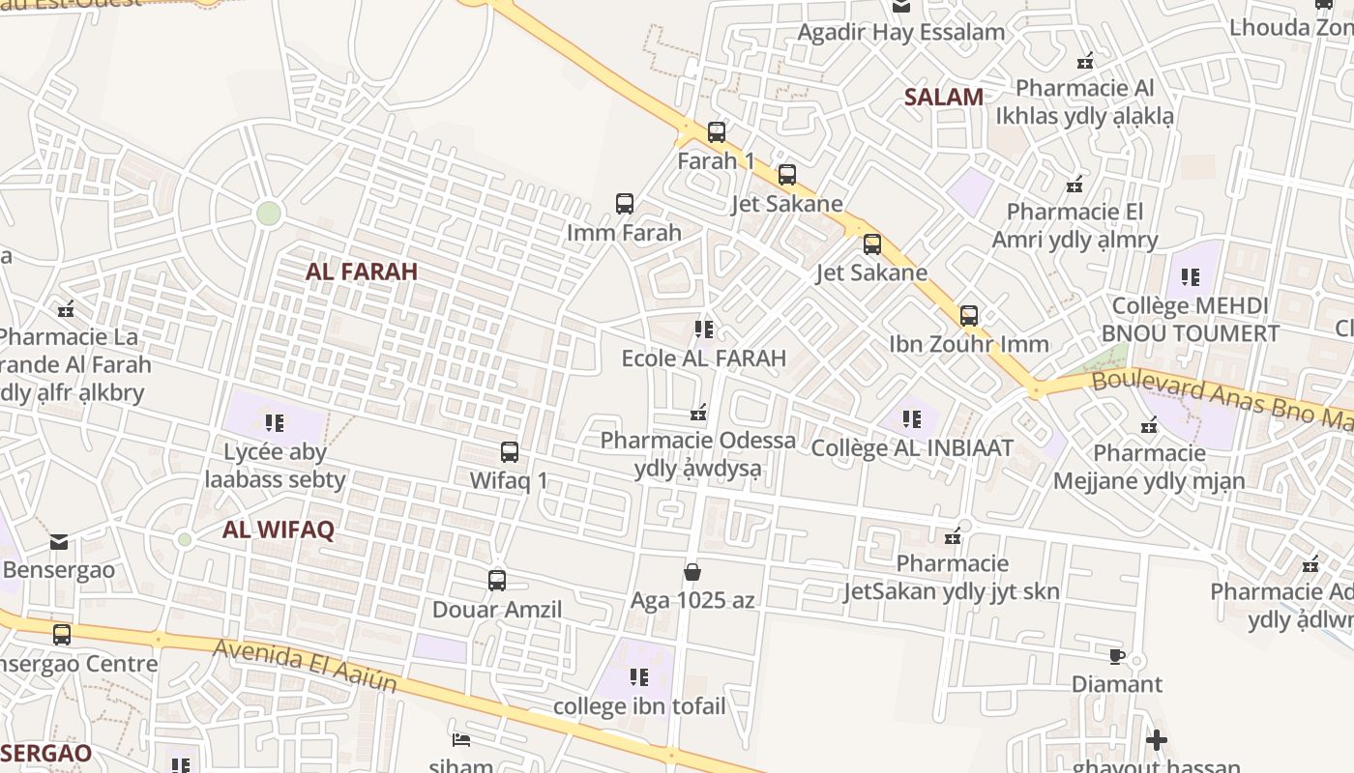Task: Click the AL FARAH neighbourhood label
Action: [x=362, y=272]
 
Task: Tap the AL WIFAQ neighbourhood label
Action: [x=278, y=530]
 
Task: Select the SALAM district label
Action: [x=944, y=97]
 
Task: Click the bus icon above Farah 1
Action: [x=716, y=132]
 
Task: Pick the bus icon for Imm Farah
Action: [x=625, y=204]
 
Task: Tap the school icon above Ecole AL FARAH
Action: [x=704, y=329]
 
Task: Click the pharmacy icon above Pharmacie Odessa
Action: [x=698, y=414]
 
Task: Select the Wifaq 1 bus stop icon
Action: [x=509, y=451]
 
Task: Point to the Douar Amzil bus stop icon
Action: [x=497, y=581]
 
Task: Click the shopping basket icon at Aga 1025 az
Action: [x=692, y=572]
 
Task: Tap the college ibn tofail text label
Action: [x=639, y=706]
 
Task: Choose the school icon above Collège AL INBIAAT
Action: [x=911, y=419]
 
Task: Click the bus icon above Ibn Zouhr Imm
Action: [x=968, y=315]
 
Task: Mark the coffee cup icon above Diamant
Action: [x=1117, y=657]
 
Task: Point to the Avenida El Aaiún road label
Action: [x=306, y=665]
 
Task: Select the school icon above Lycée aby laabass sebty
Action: [x=275, y=422]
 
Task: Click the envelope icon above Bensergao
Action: [x=59, y=541]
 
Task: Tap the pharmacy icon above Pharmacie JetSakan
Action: [x=953, y=535]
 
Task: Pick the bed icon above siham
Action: [x=461, y=740]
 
